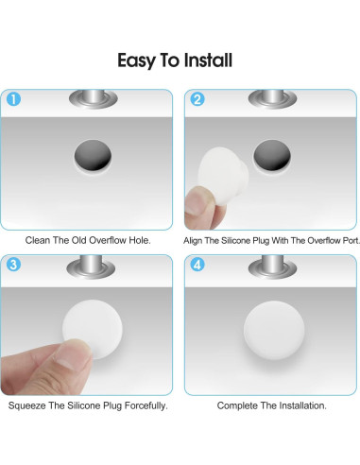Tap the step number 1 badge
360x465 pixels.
point(12,99)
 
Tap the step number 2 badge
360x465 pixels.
point(197,99)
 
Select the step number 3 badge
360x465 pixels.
point(12,266)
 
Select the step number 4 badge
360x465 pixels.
point(197,266)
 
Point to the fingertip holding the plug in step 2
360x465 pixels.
point(199,203)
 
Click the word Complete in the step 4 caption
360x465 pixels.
point(237,405)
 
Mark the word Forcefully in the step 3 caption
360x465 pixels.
point(142,405)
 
